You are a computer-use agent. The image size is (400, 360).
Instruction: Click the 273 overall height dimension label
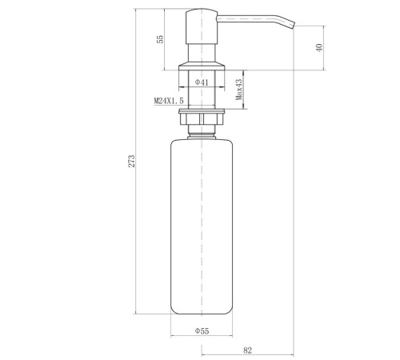coord(132,161)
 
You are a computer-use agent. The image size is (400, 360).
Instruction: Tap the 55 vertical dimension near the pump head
coord(160,39)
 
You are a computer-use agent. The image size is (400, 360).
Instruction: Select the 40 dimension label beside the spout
coord(319,48)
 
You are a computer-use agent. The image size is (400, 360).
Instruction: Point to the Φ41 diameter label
coord(202,82)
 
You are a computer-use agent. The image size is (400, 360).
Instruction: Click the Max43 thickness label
coord(239,90)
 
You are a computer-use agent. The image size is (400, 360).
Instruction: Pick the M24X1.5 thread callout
coord(169,101)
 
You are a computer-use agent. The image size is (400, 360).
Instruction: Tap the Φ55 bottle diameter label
coord(202,331)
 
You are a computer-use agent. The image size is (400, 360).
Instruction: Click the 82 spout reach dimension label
coord(247,350)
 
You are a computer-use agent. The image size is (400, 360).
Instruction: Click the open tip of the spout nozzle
coord(294,25)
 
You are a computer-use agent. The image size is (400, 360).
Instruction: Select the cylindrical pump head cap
coord(202,26)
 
